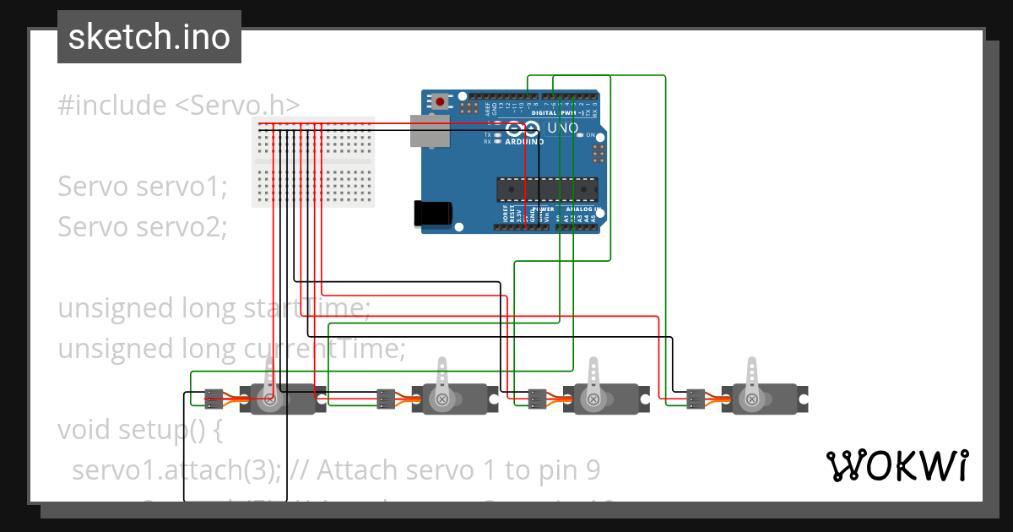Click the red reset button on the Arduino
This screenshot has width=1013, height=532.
click(440, 102)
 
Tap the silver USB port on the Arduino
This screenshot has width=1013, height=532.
click(429, 131)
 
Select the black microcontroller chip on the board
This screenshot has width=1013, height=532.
click(547, 190)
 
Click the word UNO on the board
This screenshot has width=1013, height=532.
click(563, 128)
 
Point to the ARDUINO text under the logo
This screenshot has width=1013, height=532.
click(524, 142)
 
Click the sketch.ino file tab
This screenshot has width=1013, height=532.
click(149, 37)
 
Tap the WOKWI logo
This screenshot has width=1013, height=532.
click(897, 465)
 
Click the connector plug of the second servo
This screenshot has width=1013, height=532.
click(386, 399)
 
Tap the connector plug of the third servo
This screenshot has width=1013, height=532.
click(538, 399)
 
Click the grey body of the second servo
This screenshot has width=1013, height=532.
click(455, 399)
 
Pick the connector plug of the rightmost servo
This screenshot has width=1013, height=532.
click(696, 399)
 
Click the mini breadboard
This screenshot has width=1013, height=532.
click(312, 162)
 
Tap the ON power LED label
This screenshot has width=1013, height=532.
click(590, 135)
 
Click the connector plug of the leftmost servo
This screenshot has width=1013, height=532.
click(214, 399)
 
